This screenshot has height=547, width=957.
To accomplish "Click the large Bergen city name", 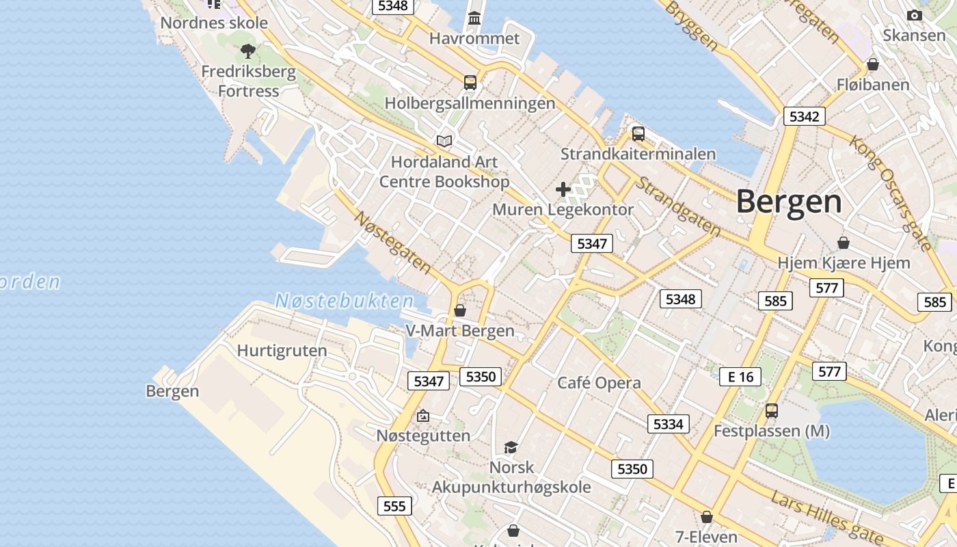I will (789, 202).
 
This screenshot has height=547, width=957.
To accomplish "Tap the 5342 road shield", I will (804, 116).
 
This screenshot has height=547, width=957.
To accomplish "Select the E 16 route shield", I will (740, 376).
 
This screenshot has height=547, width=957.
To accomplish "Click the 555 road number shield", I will (394, 506).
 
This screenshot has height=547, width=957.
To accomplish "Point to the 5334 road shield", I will (668, 424).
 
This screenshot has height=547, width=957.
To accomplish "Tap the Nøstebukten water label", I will (345, 301).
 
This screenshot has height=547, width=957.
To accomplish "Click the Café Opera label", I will (599, 383).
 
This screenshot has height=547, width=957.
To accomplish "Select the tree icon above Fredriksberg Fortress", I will (247, 51).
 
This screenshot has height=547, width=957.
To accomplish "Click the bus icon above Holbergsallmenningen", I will (470, 83).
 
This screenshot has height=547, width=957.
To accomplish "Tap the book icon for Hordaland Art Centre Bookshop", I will (444, 142).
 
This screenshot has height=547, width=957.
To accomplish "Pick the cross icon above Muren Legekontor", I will (563, 189).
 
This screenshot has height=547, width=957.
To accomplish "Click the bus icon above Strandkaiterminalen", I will (638, 134).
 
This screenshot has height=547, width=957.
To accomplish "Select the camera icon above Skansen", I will (914, 15).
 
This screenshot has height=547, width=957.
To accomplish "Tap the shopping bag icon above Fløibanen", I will (872, 65).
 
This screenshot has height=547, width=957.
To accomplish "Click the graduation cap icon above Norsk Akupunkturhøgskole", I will (511, 448).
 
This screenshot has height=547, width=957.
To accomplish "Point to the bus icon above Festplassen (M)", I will (772, 411).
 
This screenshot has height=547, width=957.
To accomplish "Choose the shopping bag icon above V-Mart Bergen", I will (460, 310).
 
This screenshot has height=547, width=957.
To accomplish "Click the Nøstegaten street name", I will (393, 242).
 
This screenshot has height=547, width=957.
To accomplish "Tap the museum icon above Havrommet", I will (474, 18).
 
